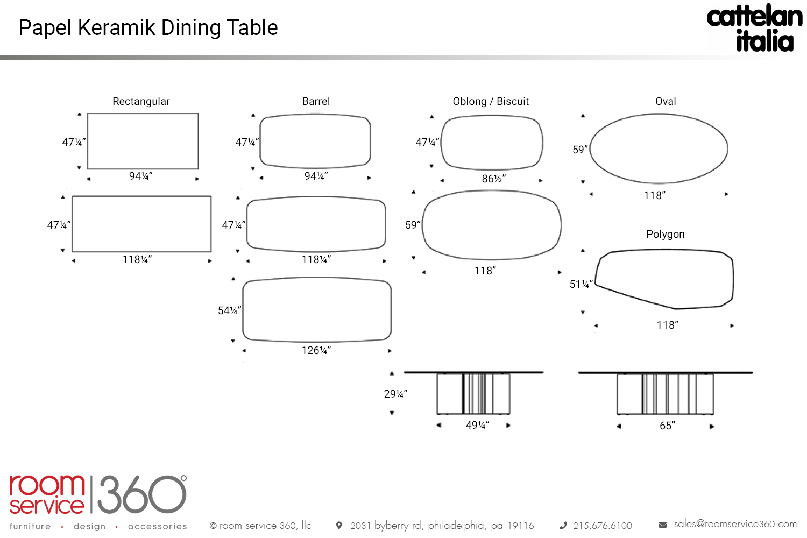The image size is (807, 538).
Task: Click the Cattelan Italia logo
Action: [754, 29]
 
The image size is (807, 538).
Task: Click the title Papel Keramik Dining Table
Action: [148, 28]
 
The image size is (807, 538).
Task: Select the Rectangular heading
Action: [141, 101]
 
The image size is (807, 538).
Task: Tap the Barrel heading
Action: [316, 101]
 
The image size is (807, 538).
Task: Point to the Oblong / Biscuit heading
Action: [491, 101]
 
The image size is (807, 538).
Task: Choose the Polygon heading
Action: [666, 234]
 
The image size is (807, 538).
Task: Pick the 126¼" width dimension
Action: [316, 350]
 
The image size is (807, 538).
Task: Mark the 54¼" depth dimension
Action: [229, 310]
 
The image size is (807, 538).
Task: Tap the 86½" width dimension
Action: [493, 179]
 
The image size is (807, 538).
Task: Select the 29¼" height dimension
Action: [395, 394]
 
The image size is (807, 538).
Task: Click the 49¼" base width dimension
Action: [477, 425]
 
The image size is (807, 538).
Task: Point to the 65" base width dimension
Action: [667, 426]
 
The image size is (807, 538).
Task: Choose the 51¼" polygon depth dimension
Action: [581, 284]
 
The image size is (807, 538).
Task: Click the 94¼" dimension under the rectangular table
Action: [140, 176]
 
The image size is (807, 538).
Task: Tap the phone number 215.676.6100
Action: [602, 526]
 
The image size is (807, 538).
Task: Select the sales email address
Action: [735, 524]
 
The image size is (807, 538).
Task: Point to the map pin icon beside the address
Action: [339, 525]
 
